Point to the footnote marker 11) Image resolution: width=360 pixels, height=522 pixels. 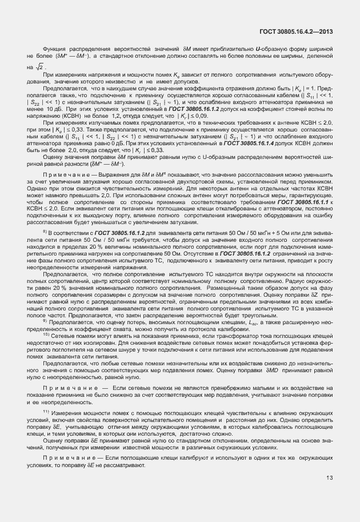46,411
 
